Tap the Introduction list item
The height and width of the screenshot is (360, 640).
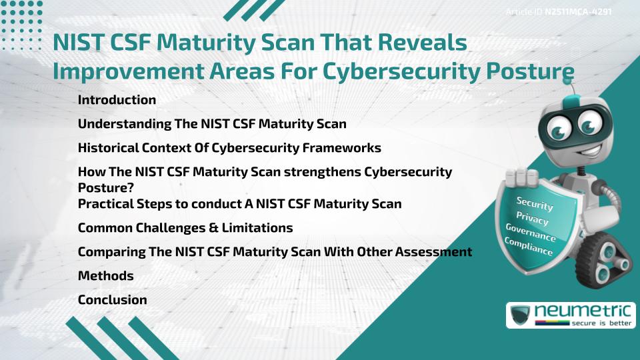tap(117, 100)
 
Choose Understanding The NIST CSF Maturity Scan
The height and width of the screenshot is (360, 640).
tap(212, 124)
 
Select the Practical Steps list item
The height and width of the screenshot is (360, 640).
tap(239, 203)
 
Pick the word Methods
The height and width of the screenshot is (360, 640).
tap(105, 275)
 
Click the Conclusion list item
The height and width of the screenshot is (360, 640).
tap(112, 299)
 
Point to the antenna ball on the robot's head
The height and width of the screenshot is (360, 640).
tap(567, 83)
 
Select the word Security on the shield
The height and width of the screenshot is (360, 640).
tap(535, 204)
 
